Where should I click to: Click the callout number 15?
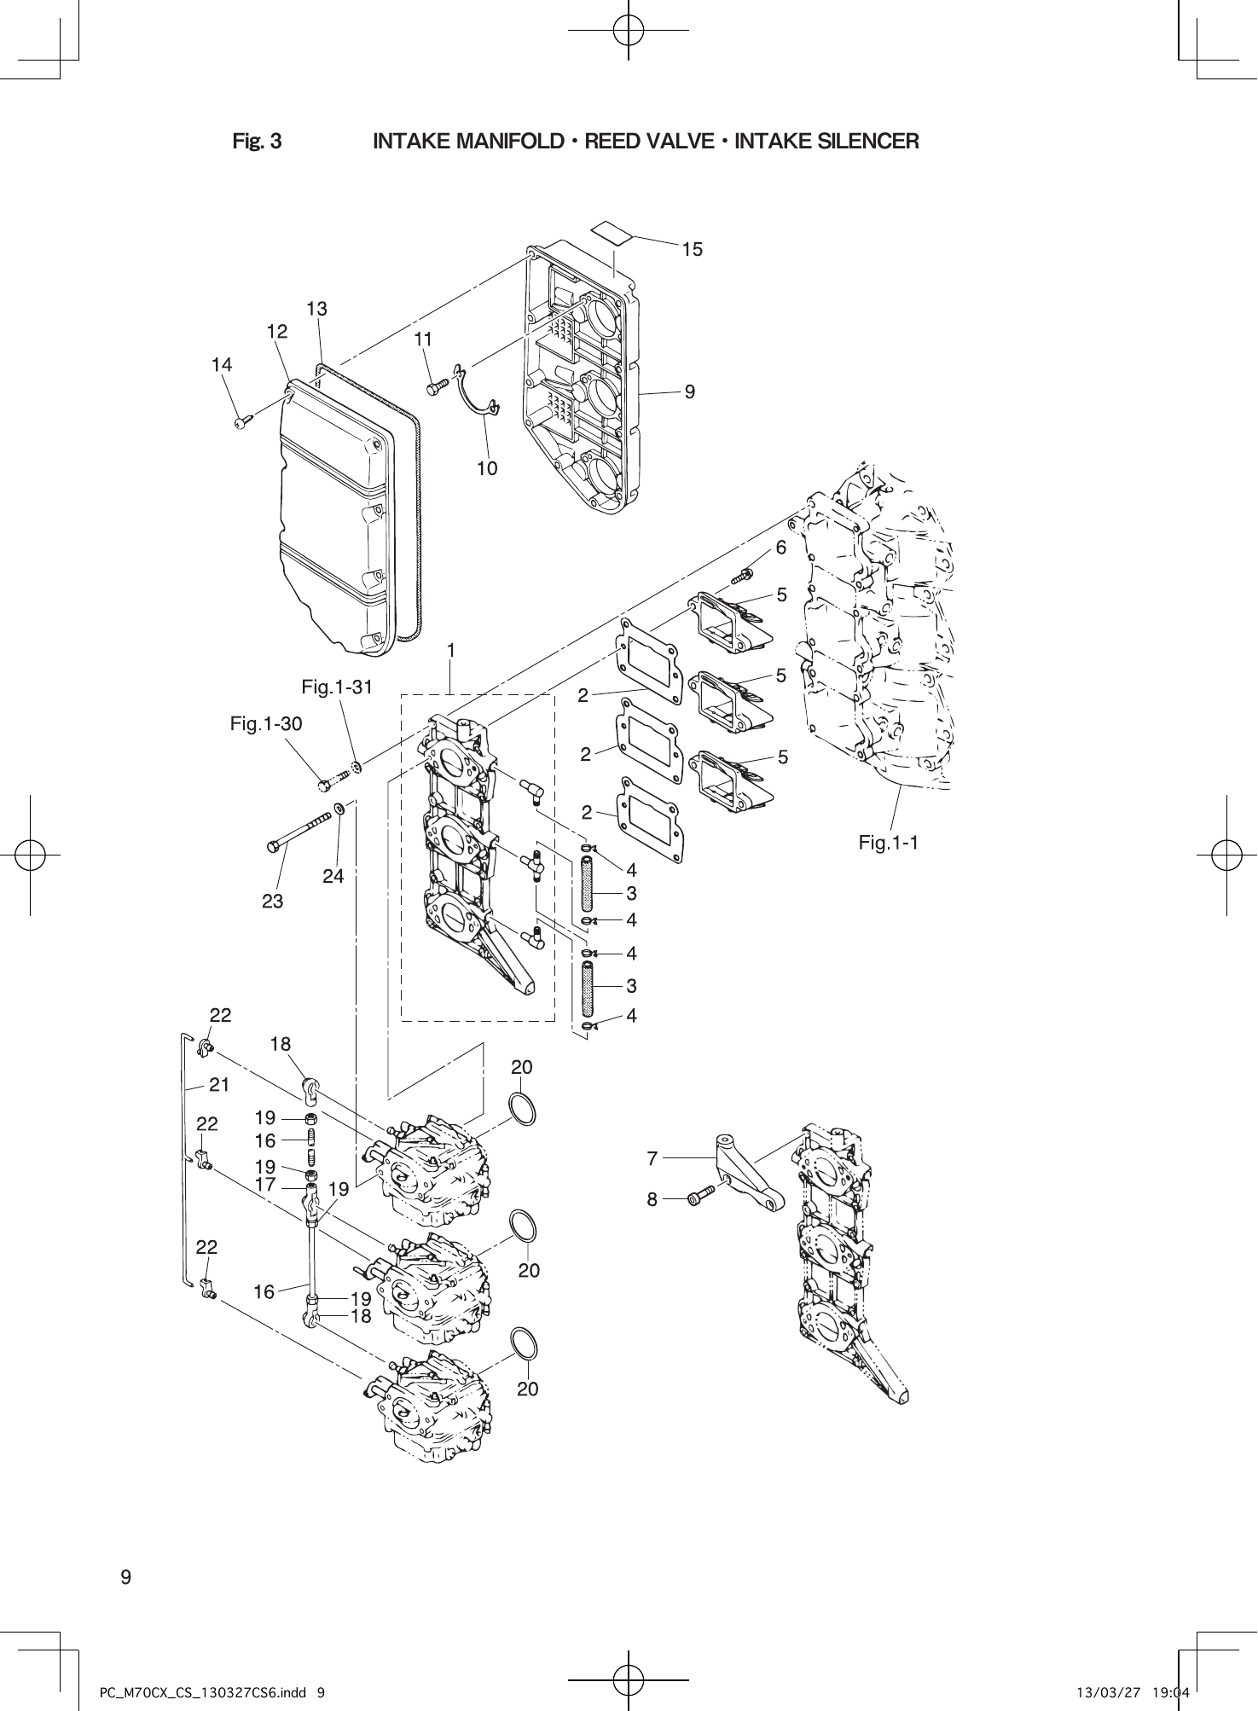pos(692,249)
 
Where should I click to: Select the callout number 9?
pos(690,391)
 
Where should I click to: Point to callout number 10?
pos(487,468)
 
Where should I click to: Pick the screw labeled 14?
pos(243,420)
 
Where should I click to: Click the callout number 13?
pos(316,309)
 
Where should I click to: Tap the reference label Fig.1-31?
pos(338,687)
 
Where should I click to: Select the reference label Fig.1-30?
pos(266,724)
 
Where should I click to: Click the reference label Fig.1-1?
pos(888,843)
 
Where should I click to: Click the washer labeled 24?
pos(339,807)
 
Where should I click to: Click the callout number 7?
pos(652,1158)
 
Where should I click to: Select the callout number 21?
pos(220,1085)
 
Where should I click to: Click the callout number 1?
pos(451,650)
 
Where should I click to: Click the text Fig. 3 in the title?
pos(257,141)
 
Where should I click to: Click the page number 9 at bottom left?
pos(125,1577)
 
